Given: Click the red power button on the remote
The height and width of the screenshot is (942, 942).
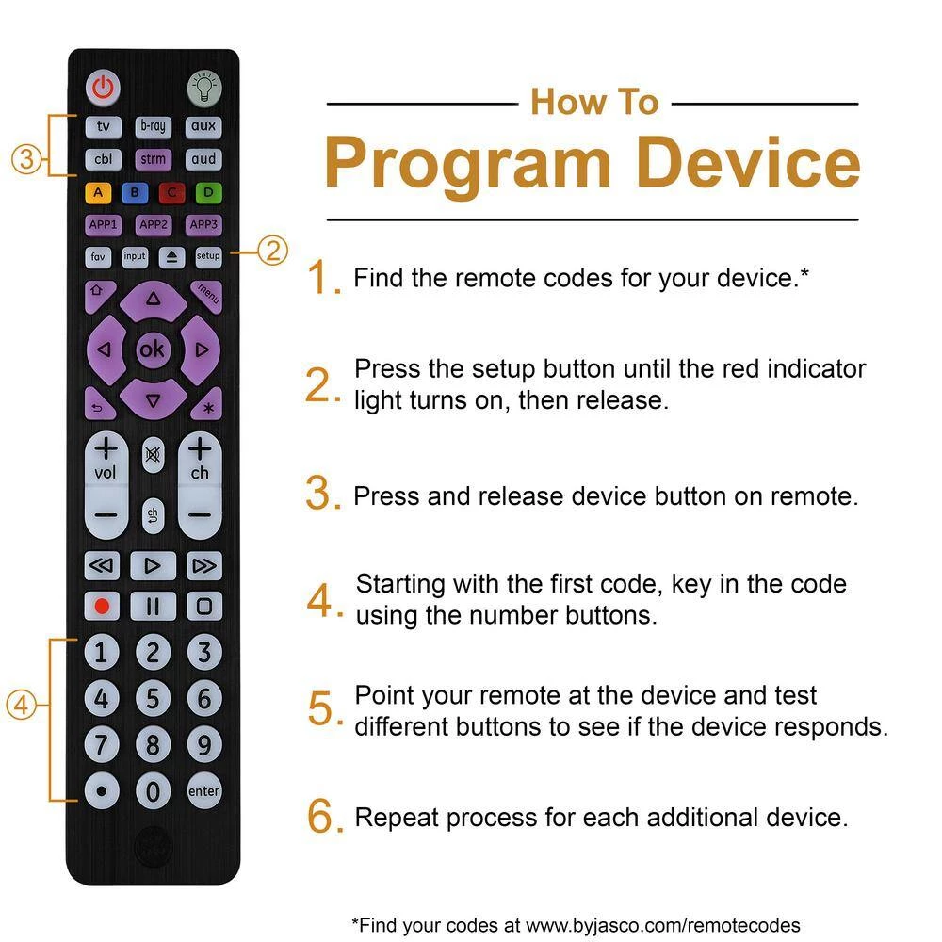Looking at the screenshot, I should [104, 89].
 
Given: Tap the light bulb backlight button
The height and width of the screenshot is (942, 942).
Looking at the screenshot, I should [203, 89].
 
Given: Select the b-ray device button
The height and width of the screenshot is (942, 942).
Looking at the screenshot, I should [153, 126].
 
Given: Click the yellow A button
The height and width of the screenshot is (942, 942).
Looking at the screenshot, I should [101, 193].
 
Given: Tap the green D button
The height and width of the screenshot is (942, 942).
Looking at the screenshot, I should [205, 193].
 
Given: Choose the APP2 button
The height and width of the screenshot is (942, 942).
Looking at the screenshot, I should [153, 224].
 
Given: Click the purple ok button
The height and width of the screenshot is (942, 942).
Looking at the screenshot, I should [152, 349].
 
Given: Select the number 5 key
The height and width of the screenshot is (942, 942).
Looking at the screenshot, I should [153, 699].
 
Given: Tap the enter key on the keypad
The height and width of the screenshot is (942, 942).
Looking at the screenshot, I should [203, 791].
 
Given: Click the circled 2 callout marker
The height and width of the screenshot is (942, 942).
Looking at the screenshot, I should [272, 251].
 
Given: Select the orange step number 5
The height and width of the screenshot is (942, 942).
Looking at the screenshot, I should [320, 710].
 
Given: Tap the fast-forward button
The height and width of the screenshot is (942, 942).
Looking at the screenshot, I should [203, 565].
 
